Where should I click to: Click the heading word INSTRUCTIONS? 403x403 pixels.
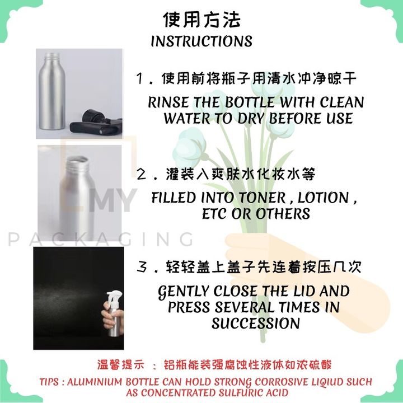pyautogui.click(x=201, y=41)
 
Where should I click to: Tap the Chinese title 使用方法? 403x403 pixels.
pyautogui.click(x=201, y=19)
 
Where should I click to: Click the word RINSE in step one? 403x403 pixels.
pyautogui.click(x=168, y=102)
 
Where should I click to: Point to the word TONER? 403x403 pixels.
pyautogui.click(x=263, y=198)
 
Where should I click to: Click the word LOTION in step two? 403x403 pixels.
pyautogui.click(x=323, y=198)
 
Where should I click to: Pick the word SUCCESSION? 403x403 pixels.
pyautogui.click(x=256, y=324)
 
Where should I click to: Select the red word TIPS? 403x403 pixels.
pyautogui.click(x=49, y=382)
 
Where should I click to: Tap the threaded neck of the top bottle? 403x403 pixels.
pyautogui.click(x=52, y=58)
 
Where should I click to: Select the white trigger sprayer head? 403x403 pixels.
pyautogui.click(x=114, y=299)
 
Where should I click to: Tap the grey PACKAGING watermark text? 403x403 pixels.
pyautogui.click(x=101, y=240)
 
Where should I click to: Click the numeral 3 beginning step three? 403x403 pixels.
pyautogui.click(x=142, y=268)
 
